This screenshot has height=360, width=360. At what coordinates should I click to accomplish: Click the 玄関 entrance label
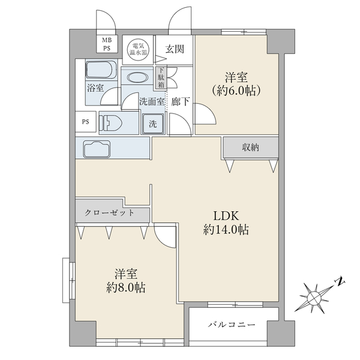(x=175, y=49)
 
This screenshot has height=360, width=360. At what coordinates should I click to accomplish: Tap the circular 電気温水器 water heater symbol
(x=138, y=50)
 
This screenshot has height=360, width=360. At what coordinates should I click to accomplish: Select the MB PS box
(x=107, y=44)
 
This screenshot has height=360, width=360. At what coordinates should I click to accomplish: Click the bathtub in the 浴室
(x=101, y=70)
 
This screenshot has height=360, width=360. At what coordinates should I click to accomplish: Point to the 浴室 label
(x=95, y=88)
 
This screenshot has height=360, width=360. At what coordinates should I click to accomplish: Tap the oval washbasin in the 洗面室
(x=137, y=77)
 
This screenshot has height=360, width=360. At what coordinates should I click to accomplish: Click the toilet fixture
(x=110, y=123)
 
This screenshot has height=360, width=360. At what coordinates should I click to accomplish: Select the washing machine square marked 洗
(x=153, y=124)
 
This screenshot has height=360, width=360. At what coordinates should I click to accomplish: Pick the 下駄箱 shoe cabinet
(x=161, y=77)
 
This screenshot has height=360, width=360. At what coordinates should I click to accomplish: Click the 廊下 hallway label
(x=181, y=101)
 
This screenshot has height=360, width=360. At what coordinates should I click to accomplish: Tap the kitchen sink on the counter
(x=97, y=149)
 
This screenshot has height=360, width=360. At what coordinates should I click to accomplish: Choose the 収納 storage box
(x=251, y=148)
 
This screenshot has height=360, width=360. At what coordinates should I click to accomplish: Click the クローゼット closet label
(x=109, y=212)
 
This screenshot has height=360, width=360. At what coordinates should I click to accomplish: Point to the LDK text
(x=226, y=215)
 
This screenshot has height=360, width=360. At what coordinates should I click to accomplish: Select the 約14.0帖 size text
(x=226, y=229)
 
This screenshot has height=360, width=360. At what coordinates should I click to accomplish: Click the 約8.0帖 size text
(x=126, y=287)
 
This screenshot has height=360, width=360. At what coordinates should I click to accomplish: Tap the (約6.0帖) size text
(x=236, y=91)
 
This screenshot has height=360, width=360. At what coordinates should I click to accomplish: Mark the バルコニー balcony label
(x=232, y=325)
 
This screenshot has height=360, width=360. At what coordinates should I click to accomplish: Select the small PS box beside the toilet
(x=86, y=122)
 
